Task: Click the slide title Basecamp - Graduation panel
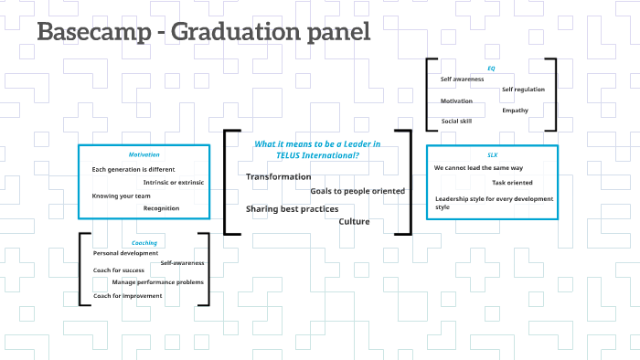tap(203, 32)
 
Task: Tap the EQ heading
tap(491, 68)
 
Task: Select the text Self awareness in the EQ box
tap(462, 79)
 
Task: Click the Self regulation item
tap(523, 90)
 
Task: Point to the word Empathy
tap(515, 111)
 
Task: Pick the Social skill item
tap(457, 122)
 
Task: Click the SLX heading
tap(492, 155)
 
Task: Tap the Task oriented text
tap(512, 183)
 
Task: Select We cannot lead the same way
tap(478, 168)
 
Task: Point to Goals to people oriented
tap(357, 191)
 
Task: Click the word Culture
tap(355, 221)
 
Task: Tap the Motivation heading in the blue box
tap(144, 154)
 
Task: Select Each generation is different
tap(133, 169)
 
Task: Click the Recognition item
tap(161, 208)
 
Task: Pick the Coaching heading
tap(144, 243)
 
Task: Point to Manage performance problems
tap(157, 281)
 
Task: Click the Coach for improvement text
tap(127, 296)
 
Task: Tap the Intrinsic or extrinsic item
tap(174, 183)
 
